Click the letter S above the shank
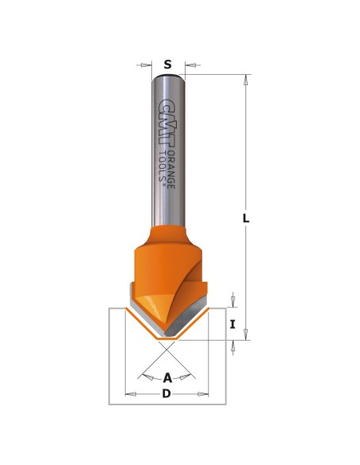168,64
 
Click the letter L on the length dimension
246,218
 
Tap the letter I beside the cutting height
233,324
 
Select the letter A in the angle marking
167,378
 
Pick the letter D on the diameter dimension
166,394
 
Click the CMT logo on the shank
166,121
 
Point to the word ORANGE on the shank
170,170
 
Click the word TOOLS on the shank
162,166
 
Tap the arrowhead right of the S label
190,65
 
